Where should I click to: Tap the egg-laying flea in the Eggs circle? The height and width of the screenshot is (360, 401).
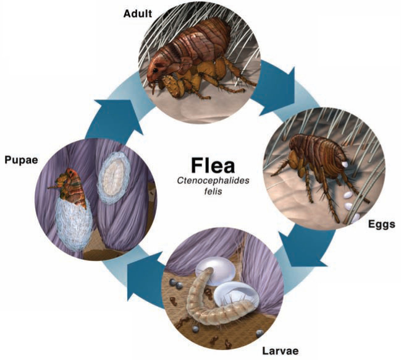point(312,161)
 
